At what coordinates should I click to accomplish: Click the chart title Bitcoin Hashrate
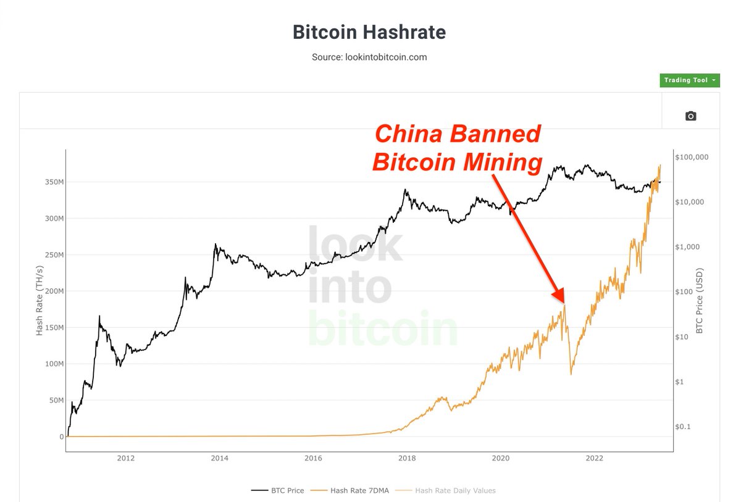369,32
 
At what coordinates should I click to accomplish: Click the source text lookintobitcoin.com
369,57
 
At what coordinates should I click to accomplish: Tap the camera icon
690,116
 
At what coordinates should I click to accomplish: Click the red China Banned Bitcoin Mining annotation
457,148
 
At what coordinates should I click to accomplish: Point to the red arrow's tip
563,303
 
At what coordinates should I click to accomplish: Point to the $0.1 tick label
684,427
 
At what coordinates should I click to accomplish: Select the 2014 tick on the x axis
219,458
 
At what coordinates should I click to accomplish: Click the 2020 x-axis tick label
500,458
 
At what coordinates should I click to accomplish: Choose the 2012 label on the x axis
125,458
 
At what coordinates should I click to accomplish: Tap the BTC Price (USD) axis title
700,301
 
